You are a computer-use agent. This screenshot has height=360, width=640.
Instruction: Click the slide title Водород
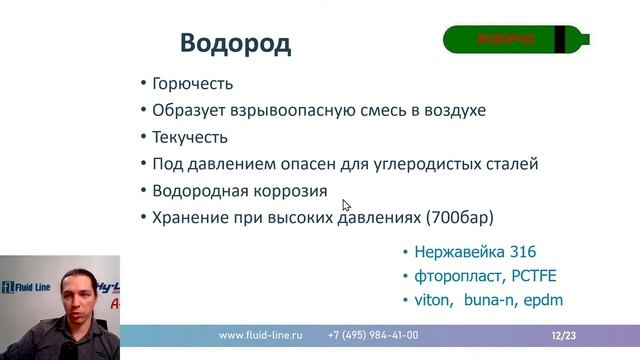point(235,44)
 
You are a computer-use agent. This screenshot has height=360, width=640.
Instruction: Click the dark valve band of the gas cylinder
point(573,39)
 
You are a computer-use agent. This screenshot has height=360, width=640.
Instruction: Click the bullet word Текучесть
point(190,137)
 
